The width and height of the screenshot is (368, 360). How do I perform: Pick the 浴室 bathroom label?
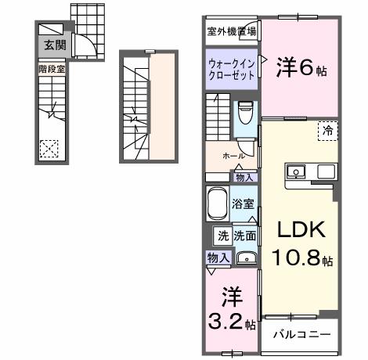point(244,204)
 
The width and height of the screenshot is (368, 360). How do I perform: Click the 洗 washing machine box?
point(222,235)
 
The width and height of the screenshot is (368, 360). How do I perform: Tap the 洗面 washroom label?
point(244,235)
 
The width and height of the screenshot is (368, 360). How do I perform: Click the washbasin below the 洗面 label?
point(246,256)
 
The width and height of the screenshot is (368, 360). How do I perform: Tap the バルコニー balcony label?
point(301,333)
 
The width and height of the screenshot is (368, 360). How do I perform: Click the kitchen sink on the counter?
point(298,171)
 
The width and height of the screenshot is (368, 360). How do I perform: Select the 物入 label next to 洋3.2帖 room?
point(218,257)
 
